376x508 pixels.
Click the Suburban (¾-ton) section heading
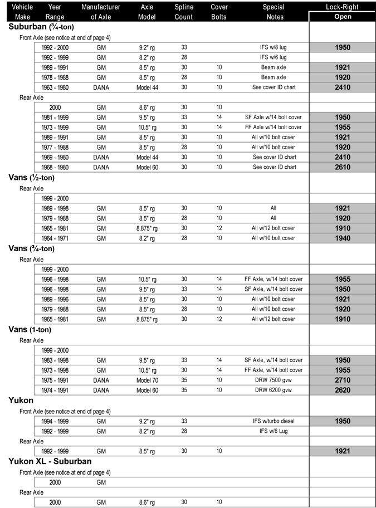tap(42, 27)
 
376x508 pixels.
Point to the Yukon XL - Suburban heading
tap(50, 461)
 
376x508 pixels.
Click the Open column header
tap(342, 17)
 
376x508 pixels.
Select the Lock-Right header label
tap(342, 7)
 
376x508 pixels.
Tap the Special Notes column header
tap(273, 12)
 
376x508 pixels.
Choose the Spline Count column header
tap(184, 12)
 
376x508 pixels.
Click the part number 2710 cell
tap(343, 380)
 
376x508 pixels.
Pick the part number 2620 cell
tap(343, 390)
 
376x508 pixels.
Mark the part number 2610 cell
tap(343, 167)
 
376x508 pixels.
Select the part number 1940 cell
tap(343, 238)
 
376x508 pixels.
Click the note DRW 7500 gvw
tap(274, 380)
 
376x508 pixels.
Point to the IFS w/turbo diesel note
tap(274, 421)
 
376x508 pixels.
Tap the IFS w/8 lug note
tap(274, 47)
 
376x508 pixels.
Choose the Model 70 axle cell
tap(148, 380)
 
